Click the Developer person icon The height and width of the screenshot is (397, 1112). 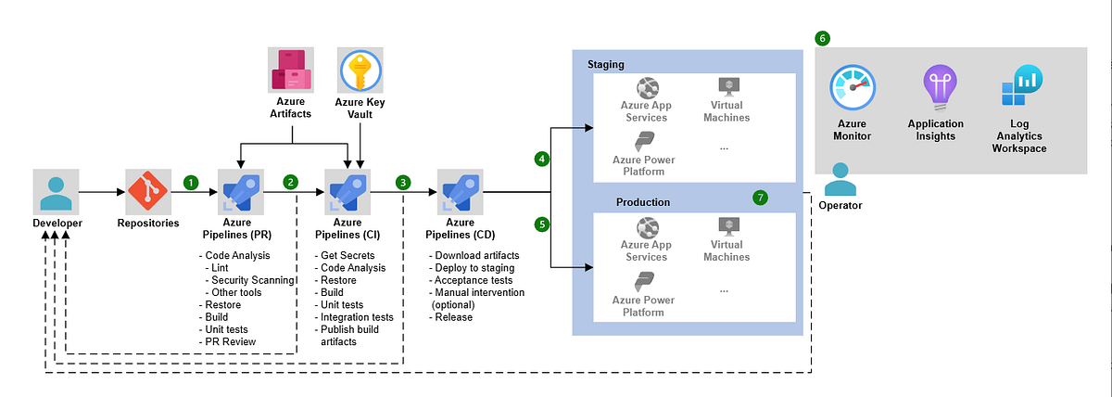(56, 193)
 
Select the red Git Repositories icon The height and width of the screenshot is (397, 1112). (148, 193)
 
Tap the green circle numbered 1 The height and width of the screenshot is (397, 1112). (191, 183)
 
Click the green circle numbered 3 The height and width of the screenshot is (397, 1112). (403, 183)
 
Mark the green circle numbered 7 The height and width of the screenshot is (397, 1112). (761, 198)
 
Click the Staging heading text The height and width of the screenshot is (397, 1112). (606, 64)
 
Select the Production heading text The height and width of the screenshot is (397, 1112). (642, 202)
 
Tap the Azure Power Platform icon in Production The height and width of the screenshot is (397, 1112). (645, 282)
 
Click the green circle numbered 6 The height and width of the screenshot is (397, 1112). (822, 39)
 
